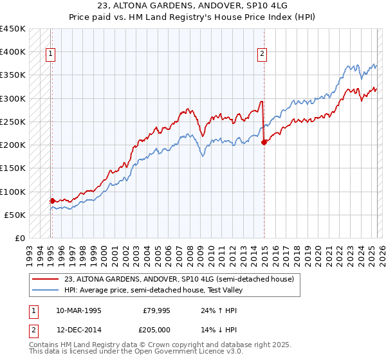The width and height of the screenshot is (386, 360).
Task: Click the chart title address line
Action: (192, 6)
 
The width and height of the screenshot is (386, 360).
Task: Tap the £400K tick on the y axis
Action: (13, 52)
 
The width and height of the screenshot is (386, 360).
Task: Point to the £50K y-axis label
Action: (15, 215)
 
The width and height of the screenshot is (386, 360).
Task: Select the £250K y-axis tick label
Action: (13, 122)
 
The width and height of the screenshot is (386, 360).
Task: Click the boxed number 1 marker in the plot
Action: (51, 55)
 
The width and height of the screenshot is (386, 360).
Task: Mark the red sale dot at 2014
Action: (264, 142)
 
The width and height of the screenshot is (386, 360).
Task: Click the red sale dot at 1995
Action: (52, 201)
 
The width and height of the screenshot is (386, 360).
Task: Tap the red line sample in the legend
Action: (44, 279)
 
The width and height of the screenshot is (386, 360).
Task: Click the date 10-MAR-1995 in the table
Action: (78, 310)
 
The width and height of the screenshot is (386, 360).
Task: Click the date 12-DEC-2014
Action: (78, 329)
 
